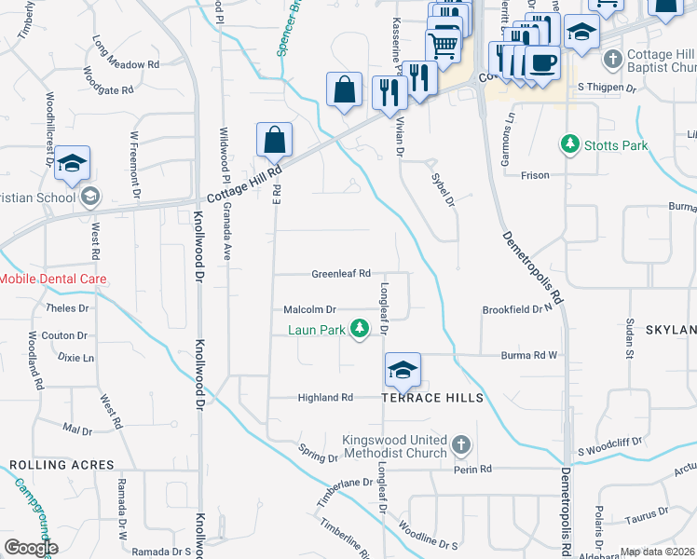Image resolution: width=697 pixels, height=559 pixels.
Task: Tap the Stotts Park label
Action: [615, 144]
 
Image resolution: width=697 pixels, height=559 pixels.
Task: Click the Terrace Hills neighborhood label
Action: [432, 398]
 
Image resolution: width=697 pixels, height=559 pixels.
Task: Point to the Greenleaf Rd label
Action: [341, 274]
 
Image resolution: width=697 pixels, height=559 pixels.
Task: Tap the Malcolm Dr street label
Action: [309, 309]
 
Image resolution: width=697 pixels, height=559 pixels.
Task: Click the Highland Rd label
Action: [325, 398]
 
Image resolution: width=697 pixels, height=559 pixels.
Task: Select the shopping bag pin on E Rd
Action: [275, 141]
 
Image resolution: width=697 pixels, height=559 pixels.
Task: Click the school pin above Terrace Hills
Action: [403, 370]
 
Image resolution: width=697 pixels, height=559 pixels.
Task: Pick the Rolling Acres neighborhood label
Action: [61, 465]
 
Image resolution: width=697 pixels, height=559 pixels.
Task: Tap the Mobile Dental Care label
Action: [53, 279]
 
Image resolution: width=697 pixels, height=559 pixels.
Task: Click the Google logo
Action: [31, 548]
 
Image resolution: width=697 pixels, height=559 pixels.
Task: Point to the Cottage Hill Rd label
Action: [245, 181]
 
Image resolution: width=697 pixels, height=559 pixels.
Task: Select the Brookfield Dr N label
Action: [517, 309]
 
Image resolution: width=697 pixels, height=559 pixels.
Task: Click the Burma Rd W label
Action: [531, 355]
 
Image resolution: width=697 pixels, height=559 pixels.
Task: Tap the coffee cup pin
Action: [541, 63]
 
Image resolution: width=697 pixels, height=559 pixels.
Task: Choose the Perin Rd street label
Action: [472, 469]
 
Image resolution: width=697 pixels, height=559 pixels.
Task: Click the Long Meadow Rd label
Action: [126, 53]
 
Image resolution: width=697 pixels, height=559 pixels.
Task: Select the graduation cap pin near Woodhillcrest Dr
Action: [72, 163]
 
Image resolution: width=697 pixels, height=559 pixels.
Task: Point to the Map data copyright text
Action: [658, 552]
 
